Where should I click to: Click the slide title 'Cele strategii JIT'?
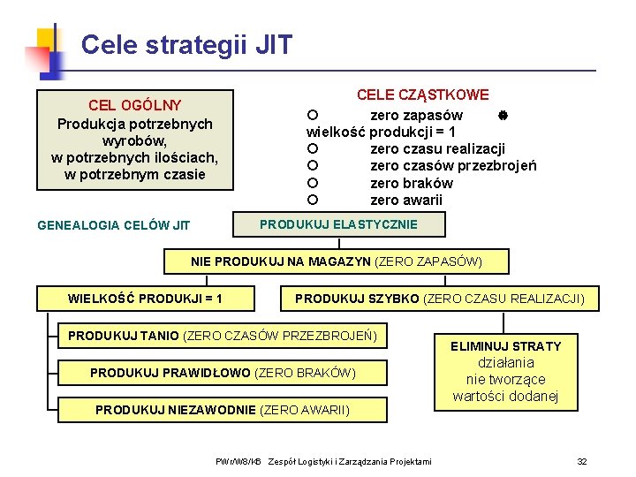185,44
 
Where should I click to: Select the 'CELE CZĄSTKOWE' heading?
422,95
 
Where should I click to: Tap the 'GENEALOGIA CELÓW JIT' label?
113,225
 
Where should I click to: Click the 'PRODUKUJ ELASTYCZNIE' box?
338,224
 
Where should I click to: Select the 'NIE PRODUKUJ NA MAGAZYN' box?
337,261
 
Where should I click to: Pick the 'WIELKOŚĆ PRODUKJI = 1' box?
145,299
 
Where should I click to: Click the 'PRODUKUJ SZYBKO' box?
439,299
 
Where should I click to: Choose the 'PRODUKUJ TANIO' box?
223,336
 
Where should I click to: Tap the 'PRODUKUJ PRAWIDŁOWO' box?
223,373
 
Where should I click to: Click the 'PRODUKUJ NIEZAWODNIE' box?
223,410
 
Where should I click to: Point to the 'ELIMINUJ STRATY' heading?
505,345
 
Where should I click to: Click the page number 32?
581,461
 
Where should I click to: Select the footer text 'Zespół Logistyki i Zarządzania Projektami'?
350,461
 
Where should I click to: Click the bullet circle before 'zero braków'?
312,184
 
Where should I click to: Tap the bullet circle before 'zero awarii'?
312,201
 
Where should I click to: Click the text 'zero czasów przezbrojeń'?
452,166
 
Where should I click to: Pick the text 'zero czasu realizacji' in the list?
437,148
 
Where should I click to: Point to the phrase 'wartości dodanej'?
505,396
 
